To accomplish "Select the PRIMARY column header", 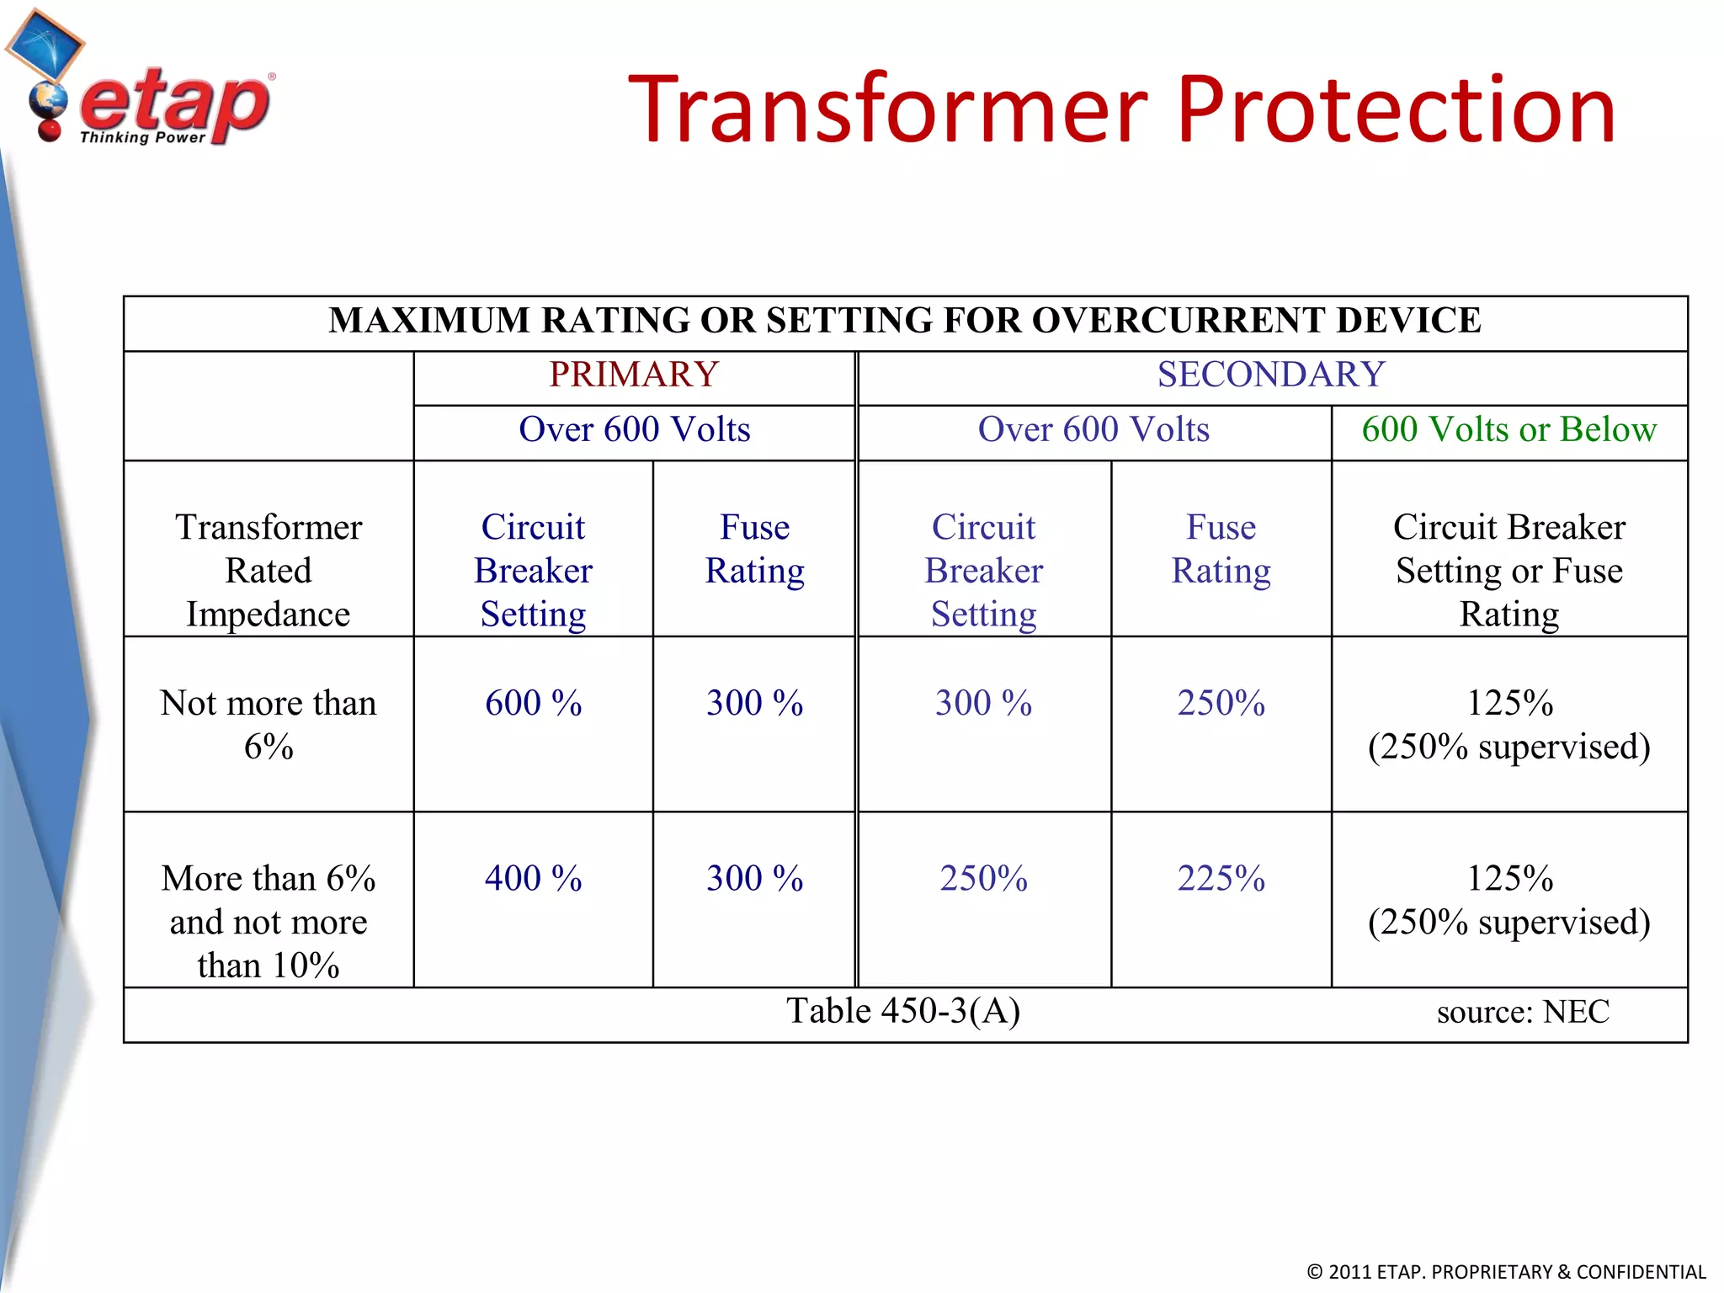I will (x=634, y=375).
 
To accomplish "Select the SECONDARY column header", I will (x=1271, y=375).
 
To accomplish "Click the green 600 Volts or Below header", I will (x=1508, y=430).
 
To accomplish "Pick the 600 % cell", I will (x=533, y=704).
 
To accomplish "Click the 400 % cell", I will (x=533, y=879).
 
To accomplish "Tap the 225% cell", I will (x=1221, y=879).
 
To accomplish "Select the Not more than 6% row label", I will (x=269, y=724).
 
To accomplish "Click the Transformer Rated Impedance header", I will (x=269, y=571).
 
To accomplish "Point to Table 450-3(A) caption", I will (x=903, y=1011).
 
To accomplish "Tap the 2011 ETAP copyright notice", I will (x=1505, y=1272).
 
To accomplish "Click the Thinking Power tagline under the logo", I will (x=142, y=137).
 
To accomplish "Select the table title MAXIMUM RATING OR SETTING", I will (x=905, y=321).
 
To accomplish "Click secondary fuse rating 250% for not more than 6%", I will (x=1221, y=704).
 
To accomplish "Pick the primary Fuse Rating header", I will (x=754, y=549).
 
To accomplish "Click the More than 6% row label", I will (x=269, y=922).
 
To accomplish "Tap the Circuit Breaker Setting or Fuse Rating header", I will (x=1508, y=571).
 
